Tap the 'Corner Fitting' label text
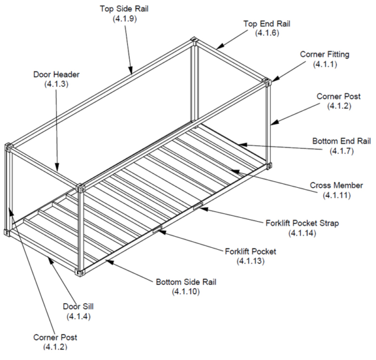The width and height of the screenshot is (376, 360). click(325, 54)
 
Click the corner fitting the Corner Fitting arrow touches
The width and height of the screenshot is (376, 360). click(267, 81)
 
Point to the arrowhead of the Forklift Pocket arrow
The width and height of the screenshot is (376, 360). click(160, 230)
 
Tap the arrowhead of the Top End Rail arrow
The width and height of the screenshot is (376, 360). click(219, 48)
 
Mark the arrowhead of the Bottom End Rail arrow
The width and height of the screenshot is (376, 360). click(238, 145)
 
